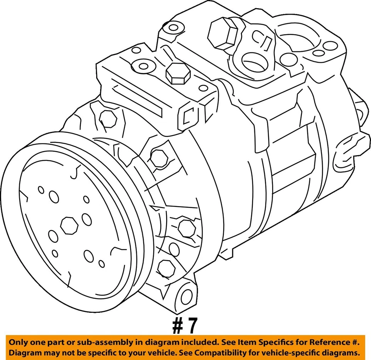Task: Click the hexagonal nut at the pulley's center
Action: (x=70, y=225)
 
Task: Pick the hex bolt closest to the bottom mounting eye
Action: (x=167, y=268)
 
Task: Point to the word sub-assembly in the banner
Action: (x=104, y=342)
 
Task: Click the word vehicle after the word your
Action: (x=155, y=353)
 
